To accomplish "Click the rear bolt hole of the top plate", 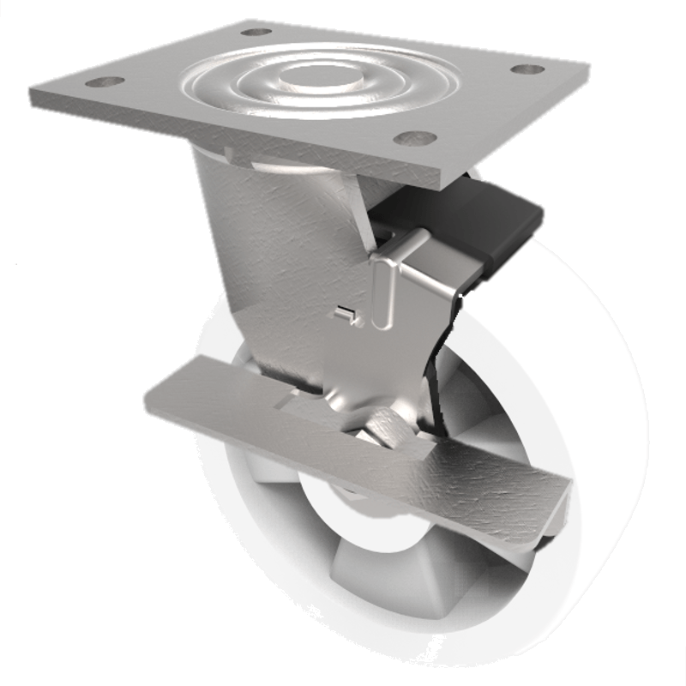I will pos(256,32).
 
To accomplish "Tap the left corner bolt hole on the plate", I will pos(105,82).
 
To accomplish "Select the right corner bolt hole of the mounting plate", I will pos(527,69).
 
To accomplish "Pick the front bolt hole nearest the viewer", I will pos(415,137).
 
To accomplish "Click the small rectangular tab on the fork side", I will pos(345,314).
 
